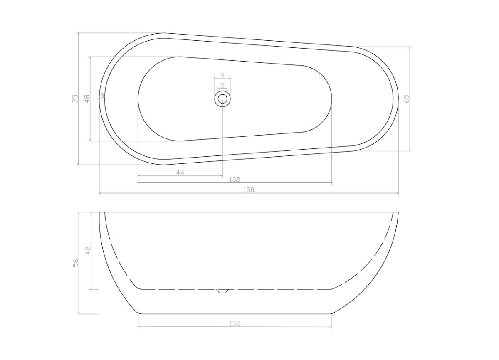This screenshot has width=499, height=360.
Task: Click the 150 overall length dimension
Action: [249, 190]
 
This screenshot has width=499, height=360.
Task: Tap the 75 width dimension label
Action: [76, 99]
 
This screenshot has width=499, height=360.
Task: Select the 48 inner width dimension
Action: [87, 99]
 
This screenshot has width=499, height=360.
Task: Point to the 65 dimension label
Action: [406, 99]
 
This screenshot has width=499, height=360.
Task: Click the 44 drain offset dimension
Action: [180, 173]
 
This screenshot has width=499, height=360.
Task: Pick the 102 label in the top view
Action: [235, 180]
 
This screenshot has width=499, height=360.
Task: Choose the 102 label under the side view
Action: [235, 323]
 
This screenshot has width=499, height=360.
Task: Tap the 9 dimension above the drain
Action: [222, 75]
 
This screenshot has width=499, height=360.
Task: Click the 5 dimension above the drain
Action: [222, 85]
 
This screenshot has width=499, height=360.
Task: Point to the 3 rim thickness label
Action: [102, 96]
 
